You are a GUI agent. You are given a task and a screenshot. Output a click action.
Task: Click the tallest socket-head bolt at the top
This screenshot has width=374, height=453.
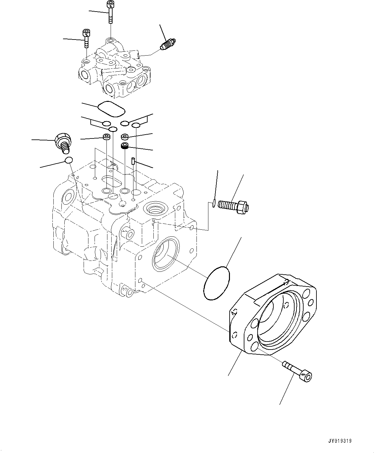pyautogui.click(x=110, y=12)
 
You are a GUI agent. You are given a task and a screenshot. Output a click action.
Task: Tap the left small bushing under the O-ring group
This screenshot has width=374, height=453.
pyautogui.click(x=106, y=137)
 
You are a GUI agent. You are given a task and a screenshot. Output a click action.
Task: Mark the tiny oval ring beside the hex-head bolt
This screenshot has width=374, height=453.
pyautogui.click(x=214, y=202)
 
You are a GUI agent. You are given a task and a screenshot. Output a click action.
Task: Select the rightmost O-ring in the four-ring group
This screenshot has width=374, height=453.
pyautogui.click(x=136, y=125)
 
